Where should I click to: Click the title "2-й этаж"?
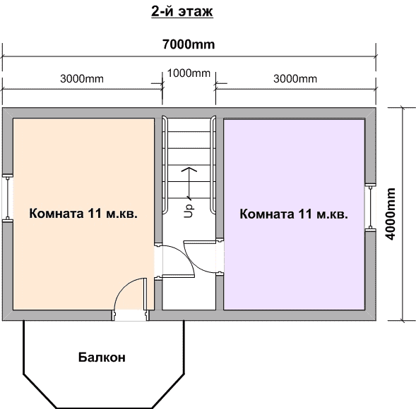tap(182, 11)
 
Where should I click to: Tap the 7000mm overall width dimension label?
tap(189, 44)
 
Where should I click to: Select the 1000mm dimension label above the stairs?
tap(189, 73)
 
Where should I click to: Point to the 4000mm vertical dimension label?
tap(391, 214)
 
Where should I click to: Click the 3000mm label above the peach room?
tap(82, 79)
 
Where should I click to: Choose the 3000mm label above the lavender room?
tap(295, 79)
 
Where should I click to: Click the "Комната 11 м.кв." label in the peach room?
tap(83, 213)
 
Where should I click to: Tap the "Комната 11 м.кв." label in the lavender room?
tap(294, 214)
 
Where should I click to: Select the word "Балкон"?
tap(102, 358)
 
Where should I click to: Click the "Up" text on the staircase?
tap(189, 211)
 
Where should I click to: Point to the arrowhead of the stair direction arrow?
tap(189, 169)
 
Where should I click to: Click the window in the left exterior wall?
tap(8, 197)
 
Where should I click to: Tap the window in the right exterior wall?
tap(371, 207)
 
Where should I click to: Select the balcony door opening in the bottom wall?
tap(130, 315)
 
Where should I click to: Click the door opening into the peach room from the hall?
tap(158, 261)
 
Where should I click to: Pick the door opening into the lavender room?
tap(220, 257)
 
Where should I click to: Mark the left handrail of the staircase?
tap(165, 164)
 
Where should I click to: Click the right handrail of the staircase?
tap(213, 164)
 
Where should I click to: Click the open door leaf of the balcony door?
tap(145, 294)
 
